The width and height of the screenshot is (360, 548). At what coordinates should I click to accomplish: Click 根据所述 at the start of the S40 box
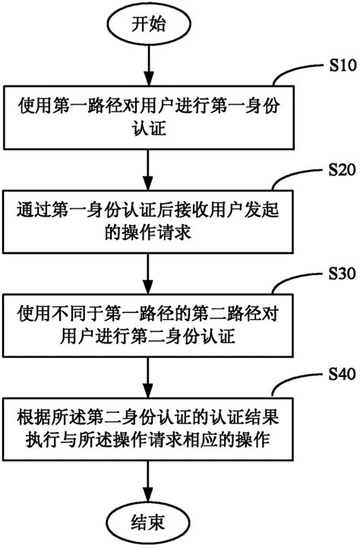click(x=43, y=416)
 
